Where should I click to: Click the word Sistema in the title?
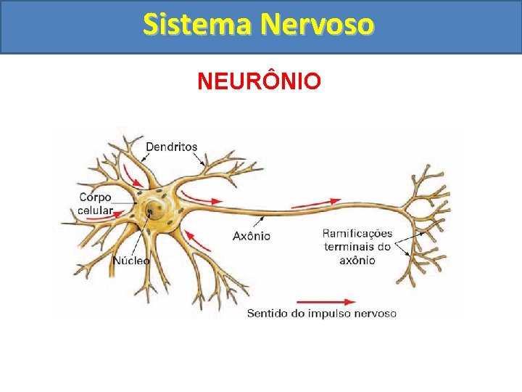click(x=196, y=24)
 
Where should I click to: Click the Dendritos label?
click(x=171, y=146)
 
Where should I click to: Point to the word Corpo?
click(x=95, y=197)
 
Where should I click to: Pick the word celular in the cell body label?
click(x=95, y=211)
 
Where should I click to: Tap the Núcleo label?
click(x=131, y=260)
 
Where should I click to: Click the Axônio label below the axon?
click(x=252, y=236)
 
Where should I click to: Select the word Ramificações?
click(x=357, y=234)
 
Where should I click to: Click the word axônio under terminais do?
click(x=357, y=260)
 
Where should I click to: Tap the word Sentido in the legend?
click(x=268, y=314)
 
